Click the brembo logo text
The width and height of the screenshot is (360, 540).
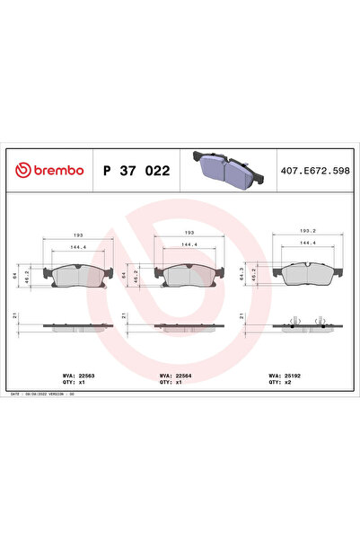pos(51,169)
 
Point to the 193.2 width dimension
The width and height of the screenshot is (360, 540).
pos(307,230)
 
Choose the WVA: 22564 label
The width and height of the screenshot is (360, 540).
pos(172,376)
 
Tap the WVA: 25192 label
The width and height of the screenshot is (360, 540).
pos(282,376)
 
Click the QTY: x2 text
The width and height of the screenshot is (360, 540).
pos(279,383)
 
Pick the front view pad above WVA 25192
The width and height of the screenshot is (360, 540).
pos(306,273)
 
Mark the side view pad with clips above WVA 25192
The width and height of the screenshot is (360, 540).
pos(306,325)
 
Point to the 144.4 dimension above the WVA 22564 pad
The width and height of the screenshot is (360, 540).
pos(189,243)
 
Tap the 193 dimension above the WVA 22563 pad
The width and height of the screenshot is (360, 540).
pos(78,231)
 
